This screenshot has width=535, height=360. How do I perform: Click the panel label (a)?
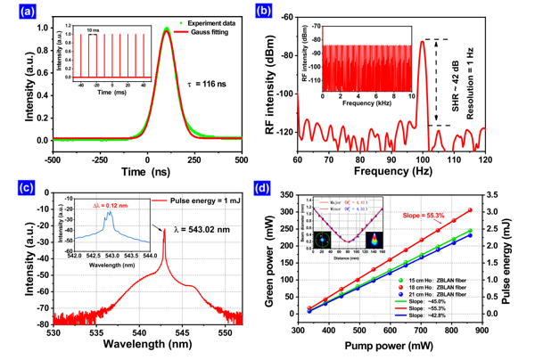(x=18, y=11)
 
